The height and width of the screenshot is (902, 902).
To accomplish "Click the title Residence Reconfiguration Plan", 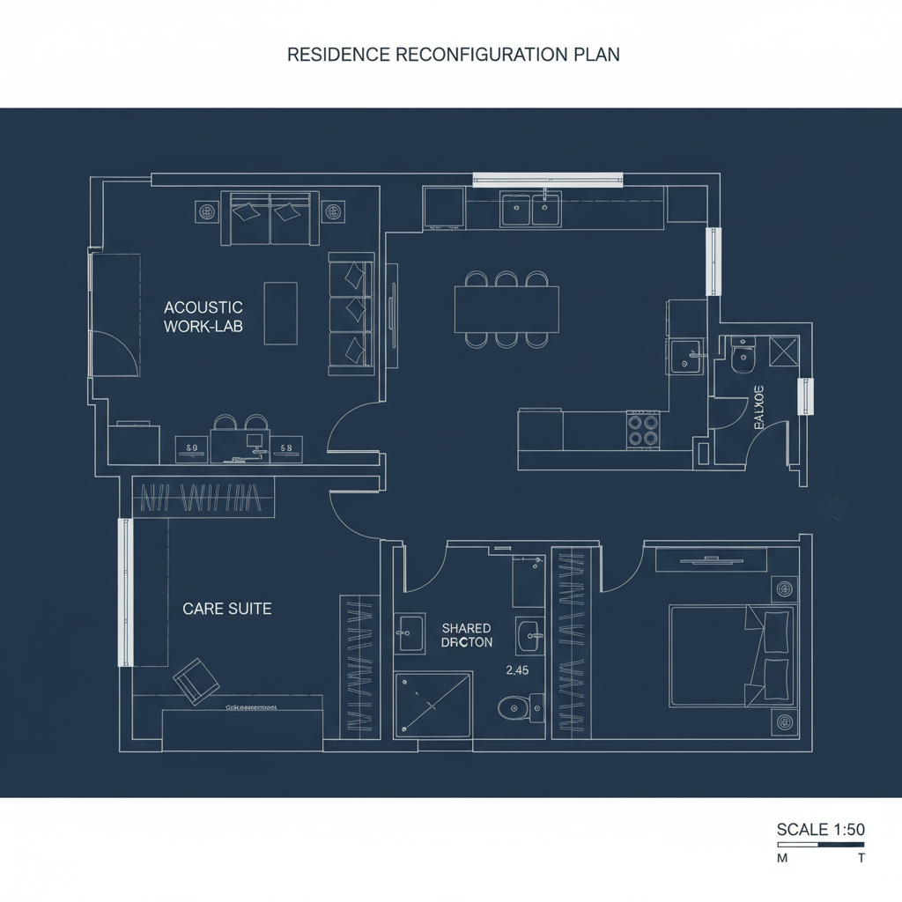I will pyautogui.click(x=454, y=55).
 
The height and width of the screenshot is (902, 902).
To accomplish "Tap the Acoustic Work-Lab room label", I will pyautogui.click(x=203, y=316).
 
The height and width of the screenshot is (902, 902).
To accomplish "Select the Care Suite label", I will pyautogui.click(x=227, y=609).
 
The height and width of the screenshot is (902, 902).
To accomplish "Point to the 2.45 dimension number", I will pyautogui.click(x=517, y=670).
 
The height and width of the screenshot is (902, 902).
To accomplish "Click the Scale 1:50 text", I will pyautogui.click(x=820, y=829).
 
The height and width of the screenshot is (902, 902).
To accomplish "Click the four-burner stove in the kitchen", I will pyautogui.click(x=643, y=430).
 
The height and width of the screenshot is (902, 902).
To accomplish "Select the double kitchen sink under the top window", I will pyautogui.click(x=530, y=210).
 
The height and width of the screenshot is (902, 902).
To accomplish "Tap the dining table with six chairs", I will pyautogui.click(x=506, y=309).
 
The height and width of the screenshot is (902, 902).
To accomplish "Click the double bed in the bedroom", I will pyautogui.click(x=732, y=655).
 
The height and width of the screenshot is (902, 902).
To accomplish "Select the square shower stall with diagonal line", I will pyautogui.click(x=433, y=704).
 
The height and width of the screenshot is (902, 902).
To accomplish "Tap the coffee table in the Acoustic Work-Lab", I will pyautogui.click(x=280, y=313).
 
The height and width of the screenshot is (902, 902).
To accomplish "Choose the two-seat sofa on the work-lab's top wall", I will pyautogui.click(x=270, y=218).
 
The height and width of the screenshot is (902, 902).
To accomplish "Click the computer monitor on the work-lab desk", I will pyautogui.click(x=255, y=440).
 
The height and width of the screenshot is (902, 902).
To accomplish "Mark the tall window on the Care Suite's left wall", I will pyautogui.click(x=124, y=592).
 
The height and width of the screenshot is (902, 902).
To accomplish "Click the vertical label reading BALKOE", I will pyautogui.click(x=759, y=407).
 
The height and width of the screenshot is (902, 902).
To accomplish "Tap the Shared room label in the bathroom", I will pyautogui.click(x=467, y=628).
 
